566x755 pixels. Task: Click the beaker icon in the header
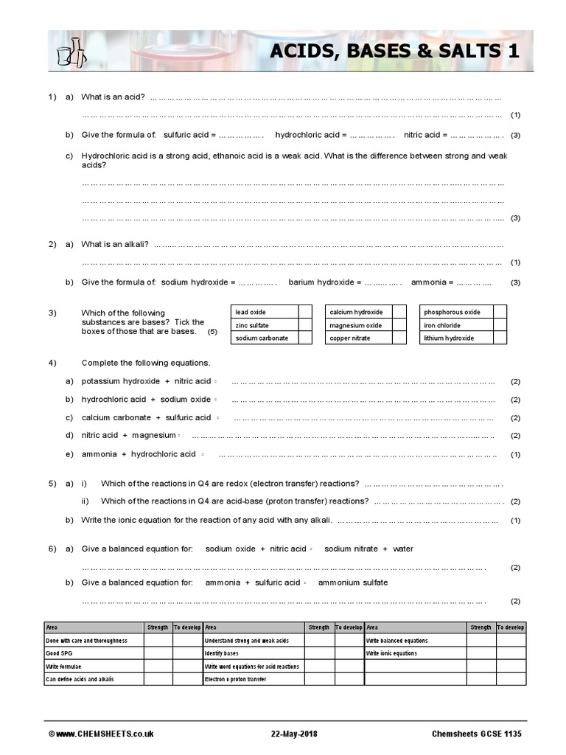[70, 51]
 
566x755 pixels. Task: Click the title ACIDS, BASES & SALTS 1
[394, 51]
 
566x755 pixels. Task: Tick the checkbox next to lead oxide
[305, 312]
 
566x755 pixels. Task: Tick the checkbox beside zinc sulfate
[305, 325]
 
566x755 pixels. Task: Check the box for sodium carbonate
[305, 338]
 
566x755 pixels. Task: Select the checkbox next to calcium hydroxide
[399, 312]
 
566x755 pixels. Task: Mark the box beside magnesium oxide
[399, 325]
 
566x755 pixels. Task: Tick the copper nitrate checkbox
[399, 338]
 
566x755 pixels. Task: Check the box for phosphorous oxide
[499, 312]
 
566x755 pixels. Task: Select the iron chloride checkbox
[499, 325]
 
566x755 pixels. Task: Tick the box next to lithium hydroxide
[499, 338]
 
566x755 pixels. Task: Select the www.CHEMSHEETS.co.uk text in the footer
[105, 734]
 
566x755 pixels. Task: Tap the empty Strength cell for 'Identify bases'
[318, 653]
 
